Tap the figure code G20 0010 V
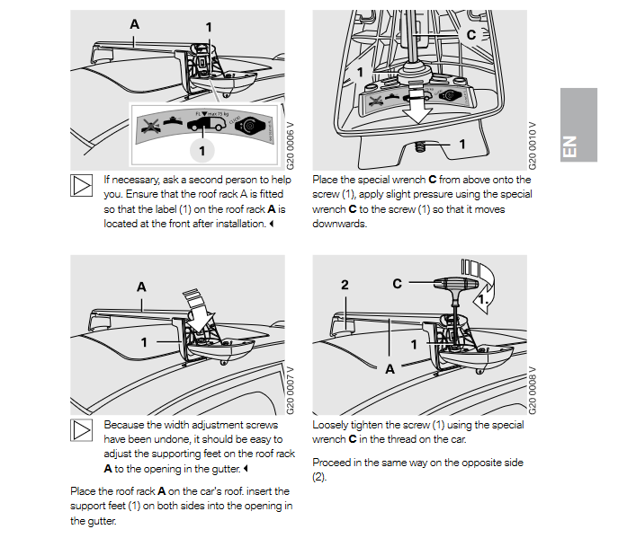[533, 144]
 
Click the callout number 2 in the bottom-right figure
[345, 284]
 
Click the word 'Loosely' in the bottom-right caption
[331, 425]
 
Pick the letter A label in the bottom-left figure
[140, 287]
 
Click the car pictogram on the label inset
[201, 126]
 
